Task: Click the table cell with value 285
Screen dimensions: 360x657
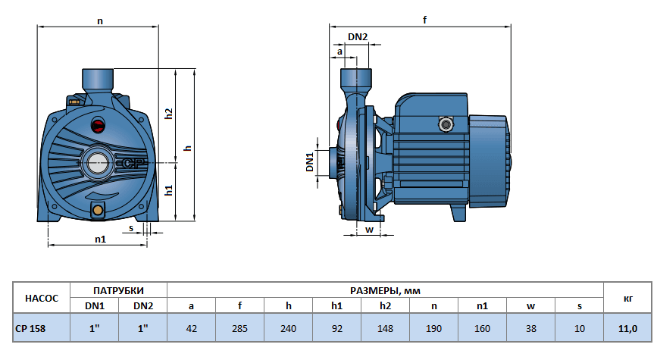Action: tap(239, 327)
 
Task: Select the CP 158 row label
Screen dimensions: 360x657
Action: tap(33, 327)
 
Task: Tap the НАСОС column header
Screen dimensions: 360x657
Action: tap(42, 298)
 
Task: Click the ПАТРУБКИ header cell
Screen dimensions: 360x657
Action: tap(118, 290)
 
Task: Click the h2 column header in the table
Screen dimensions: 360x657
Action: tap(384, 305)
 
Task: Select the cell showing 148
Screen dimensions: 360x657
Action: tap(384, 327)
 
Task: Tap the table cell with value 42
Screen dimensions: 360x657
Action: tap(191, 327)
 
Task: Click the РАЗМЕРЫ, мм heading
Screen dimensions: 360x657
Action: tap(384, 290)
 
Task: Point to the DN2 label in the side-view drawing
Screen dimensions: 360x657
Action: tap(358, 37)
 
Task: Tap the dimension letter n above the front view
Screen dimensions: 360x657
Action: tap(100, 21)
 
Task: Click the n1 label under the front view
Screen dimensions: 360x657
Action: tap(100, 239)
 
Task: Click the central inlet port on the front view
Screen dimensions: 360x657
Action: tap(99, 161)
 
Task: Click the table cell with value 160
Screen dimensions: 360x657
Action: tap(481, 327)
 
